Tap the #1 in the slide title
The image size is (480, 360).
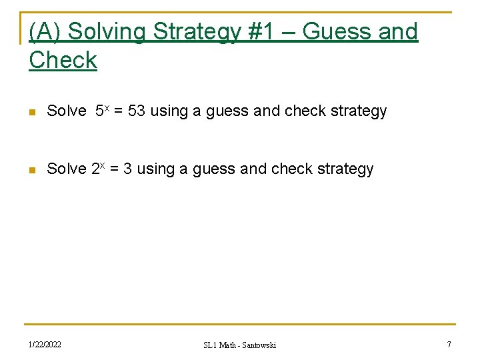coord(268,31)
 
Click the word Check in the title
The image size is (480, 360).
coord(63,60)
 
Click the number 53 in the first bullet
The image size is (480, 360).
coord(137,111)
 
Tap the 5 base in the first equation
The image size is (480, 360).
coord(99,111)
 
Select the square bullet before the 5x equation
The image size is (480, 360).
coord(32,112)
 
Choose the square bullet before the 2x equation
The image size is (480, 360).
coord(32,170)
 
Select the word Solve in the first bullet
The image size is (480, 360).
coord(67,111)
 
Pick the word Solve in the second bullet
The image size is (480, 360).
coord(67,169)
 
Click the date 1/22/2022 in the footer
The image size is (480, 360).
coord(44,345)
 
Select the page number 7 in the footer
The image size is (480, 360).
coord(449,345)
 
